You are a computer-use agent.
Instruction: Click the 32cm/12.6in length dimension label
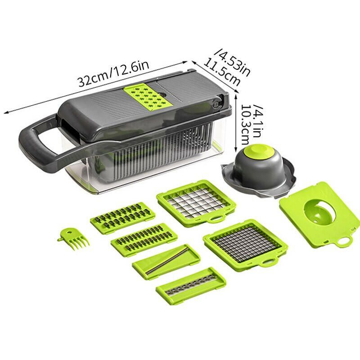click(114, 73)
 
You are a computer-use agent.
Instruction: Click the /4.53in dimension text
click(232, 62)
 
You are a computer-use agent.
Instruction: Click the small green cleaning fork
click(73, 239)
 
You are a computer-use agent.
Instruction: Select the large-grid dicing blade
click(196, 202)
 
